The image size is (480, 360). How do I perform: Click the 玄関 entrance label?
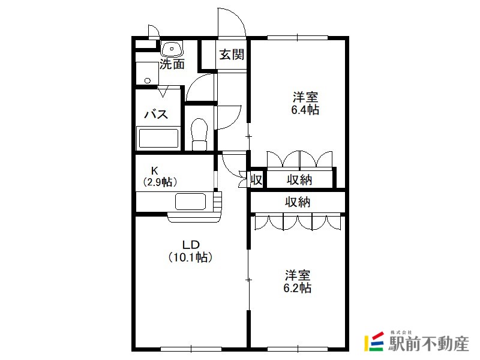[232, 55]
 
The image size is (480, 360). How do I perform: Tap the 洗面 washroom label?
[172, 64]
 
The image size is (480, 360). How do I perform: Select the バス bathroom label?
[156, 114]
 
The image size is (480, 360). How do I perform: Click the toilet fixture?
[199, 134]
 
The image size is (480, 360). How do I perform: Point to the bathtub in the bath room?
[158, 139]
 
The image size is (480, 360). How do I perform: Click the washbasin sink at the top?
[172, 49]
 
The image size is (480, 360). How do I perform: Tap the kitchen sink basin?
[190, 202]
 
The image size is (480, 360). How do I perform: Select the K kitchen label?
[155, 170]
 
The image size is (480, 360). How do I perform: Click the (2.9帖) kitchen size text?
[160, 182]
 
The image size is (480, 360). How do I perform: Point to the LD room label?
[191, 245]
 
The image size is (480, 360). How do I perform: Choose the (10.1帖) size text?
[190, 257]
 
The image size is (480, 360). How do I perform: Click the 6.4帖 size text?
[305, 110]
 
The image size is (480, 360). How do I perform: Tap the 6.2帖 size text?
[297, 288]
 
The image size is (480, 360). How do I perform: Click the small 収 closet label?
[257, 179]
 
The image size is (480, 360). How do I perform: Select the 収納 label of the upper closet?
[299, 179]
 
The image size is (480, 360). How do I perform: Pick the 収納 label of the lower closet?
[298, 202]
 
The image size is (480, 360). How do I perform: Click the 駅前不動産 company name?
[428, 343]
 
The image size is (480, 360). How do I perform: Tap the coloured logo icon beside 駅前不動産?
[374, 341]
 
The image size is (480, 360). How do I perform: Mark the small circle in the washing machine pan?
[148, 81]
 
